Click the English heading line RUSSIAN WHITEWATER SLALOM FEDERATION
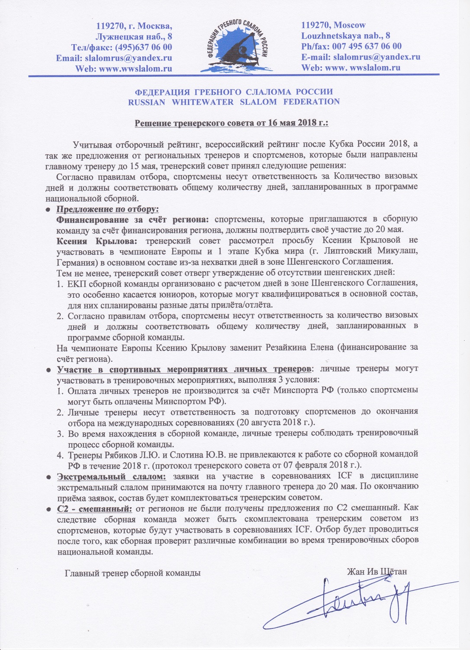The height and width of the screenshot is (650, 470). (234, 102)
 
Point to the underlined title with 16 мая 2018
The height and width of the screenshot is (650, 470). (232, 123)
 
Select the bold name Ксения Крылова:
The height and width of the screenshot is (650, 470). (97, 240)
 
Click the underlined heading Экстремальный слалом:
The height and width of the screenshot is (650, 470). (112, 477)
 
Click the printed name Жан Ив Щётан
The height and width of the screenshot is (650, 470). (377, 572)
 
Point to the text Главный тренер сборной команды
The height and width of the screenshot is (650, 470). (132, 573)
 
